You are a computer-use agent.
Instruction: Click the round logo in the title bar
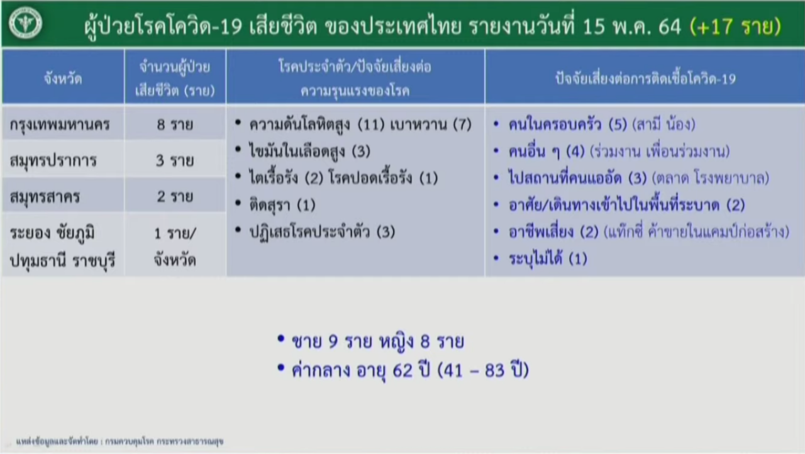(26, 23)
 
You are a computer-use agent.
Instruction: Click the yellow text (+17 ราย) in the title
(736, 26)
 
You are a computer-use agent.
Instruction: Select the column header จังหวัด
(64, 79)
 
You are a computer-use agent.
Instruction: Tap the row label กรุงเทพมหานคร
(60, 125)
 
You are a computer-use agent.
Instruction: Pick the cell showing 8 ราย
(175, 125)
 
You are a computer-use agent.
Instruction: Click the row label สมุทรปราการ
(53, 160)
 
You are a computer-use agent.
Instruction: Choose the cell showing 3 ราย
(175, 160)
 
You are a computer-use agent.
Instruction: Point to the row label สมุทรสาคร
(45, 196)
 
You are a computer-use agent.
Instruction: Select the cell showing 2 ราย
(175, 196)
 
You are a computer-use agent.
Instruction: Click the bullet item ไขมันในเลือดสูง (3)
(310, 151)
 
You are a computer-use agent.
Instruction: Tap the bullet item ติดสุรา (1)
(282, 205)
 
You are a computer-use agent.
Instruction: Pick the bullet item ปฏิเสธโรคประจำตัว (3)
(323, 231)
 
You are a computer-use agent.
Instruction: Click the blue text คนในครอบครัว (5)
(568, 125)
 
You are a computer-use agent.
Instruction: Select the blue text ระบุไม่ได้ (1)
(548, 258)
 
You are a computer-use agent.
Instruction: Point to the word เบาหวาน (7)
(431, 125)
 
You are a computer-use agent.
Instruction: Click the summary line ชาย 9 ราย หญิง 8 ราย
(378, 341)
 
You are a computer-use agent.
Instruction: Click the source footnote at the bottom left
(119, 441)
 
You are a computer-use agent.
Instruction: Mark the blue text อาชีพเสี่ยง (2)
(553, 231)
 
